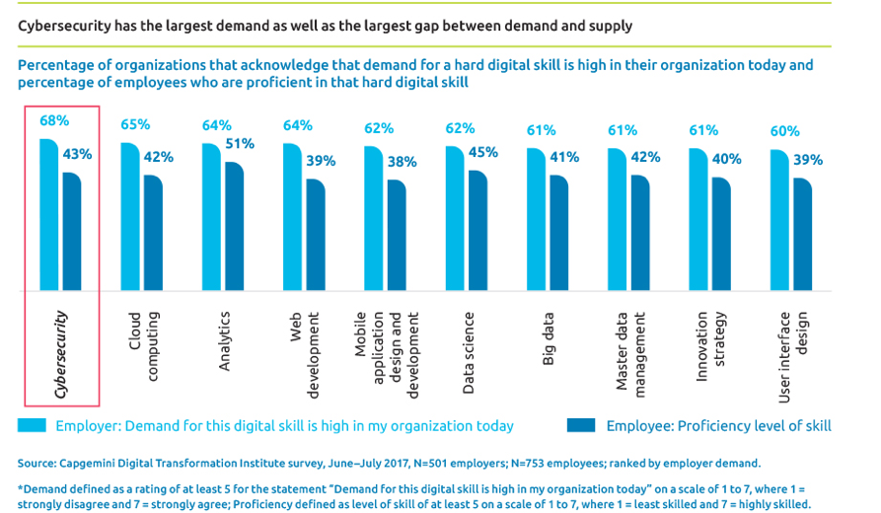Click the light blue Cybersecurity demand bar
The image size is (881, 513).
pos(49,217)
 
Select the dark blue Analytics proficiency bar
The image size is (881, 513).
pos(234,227)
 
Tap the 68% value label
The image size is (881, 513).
pos(53,120)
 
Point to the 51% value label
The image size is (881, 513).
pos(240,143)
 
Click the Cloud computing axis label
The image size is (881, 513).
pos(144,345)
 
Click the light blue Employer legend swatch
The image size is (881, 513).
pos(34,426)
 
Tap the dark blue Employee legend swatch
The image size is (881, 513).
pos(581,426)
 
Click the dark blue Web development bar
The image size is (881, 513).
pos(315,236)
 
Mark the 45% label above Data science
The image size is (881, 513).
pos(482,152)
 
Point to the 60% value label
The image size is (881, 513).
pos(783,131)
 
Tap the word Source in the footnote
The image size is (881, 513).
pos(37,463)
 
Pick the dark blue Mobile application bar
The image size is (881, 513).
pos(396,237)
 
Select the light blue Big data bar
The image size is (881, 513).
pos(537,221)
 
